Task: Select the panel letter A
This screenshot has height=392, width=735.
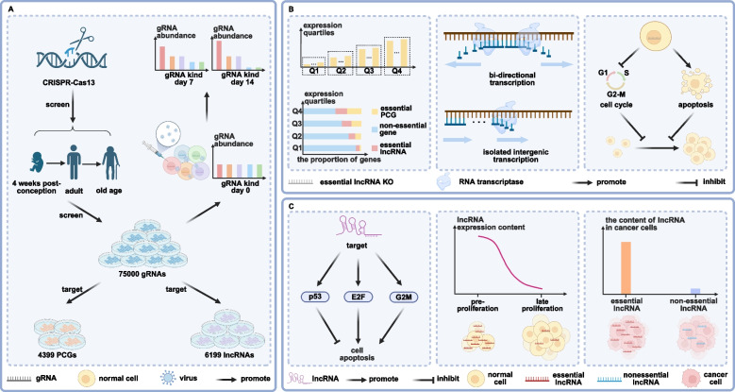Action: pyautogui.click(x=9, y=9)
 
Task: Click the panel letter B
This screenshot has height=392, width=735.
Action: pyautogui.click(x=271, y=9)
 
